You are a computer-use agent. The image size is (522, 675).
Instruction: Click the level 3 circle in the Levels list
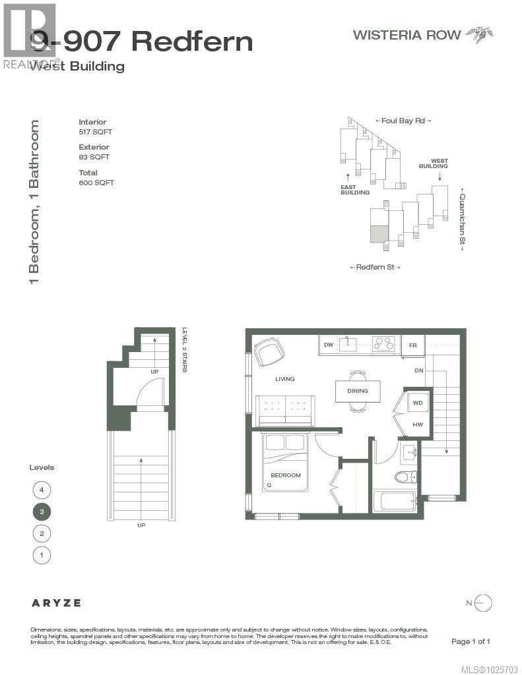point(42,512)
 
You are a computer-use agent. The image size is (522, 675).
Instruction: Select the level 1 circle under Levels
point(42,555)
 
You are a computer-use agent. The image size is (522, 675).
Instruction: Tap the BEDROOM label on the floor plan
point(285,475)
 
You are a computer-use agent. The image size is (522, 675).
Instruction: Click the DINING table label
point(357,391)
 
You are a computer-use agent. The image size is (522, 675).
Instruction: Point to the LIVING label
point(285,379)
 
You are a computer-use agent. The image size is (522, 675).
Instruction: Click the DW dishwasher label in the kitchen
point(328,345)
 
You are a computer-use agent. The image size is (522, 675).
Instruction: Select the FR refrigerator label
point(412,345)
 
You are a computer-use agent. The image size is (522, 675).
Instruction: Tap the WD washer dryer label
point(417,402)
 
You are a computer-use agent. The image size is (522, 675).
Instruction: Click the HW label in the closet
point(417,425)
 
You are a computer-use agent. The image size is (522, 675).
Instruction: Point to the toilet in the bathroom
point(405,477)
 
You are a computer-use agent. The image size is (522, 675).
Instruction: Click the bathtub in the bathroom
point(394,502)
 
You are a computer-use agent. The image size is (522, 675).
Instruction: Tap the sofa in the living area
point(285,411)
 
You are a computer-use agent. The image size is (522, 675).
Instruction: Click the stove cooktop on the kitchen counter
point(383,343)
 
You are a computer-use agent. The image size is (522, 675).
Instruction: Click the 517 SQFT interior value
point(94,132)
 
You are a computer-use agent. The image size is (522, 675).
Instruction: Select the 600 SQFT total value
point(96,183)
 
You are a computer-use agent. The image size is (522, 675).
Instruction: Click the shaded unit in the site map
point(378,234)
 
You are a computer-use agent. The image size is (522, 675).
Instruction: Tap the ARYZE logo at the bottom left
point(57,602)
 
